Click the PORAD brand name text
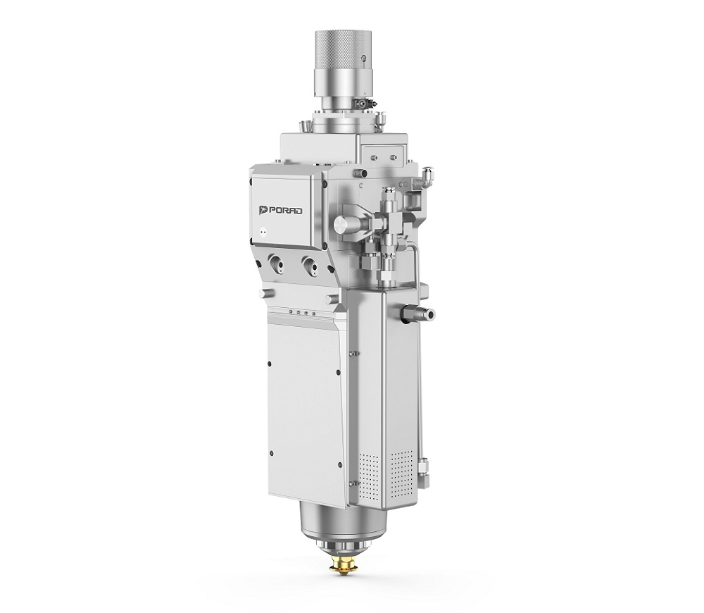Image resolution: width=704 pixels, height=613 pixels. pyautogui.click(x=287, y=211)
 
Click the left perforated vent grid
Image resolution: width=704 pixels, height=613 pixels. pyautogui.click(x=370, y=473)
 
